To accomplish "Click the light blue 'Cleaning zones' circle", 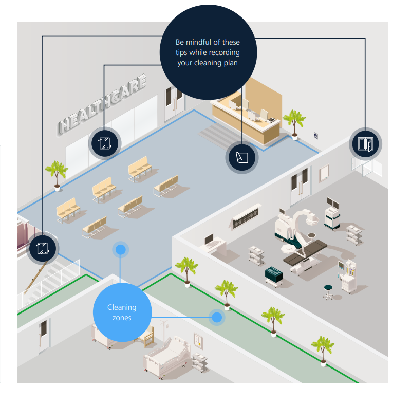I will click(122, 312).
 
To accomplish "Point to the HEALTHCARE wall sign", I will click(103, 103).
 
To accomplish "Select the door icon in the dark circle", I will click(365, 143).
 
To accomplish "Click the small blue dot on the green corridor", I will click(217, 317).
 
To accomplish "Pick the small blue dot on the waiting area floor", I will click(120, 250).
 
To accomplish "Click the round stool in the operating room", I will click(328, 292).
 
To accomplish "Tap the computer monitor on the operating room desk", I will click(209, 239).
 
